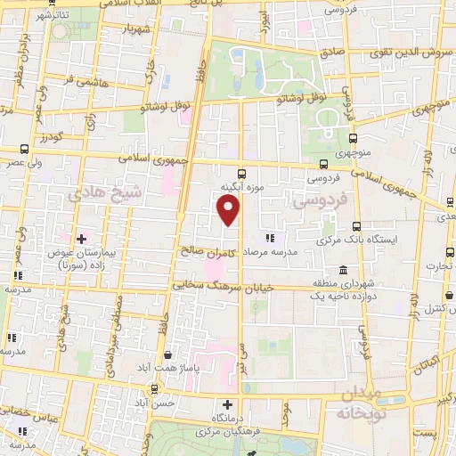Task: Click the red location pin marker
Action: (229, 210)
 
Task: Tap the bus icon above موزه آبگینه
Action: (240, 174)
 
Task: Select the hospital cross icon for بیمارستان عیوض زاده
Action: (81, 239)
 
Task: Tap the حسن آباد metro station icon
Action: (155, 388)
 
